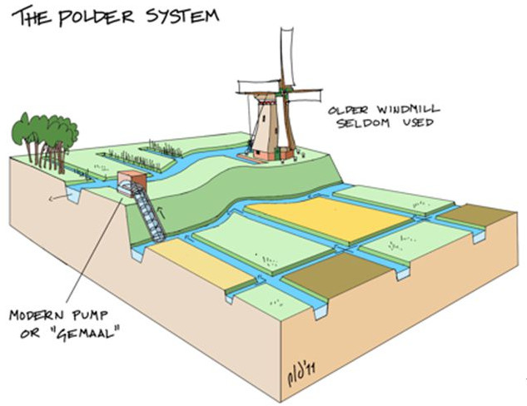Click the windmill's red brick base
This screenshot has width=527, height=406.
(x=266, y=155)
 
